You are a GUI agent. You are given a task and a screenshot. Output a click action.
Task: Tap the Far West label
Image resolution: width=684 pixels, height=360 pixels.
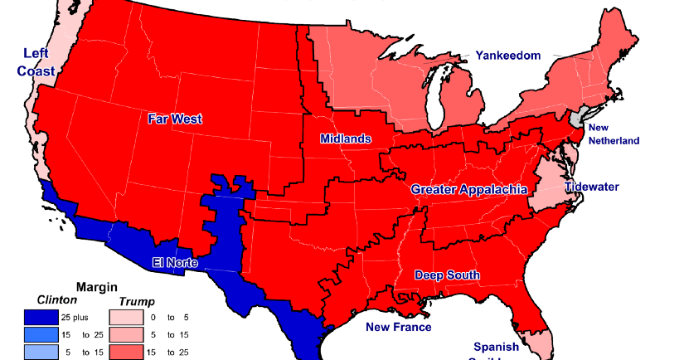[x=175, y=119]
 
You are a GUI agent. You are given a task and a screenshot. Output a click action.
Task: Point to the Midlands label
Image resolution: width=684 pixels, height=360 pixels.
[x=346, y=139]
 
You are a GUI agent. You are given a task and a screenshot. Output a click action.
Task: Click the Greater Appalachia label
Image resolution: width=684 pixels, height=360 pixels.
[x=469, y=189]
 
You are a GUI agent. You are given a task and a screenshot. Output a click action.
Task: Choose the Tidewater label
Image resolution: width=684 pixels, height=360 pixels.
[x=592, y=187]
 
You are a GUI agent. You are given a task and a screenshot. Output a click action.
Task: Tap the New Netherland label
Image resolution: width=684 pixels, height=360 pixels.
[x=614, y=134]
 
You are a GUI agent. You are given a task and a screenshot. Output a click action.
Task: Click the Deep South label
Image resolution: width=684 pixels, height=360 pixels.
[x=447, y=275]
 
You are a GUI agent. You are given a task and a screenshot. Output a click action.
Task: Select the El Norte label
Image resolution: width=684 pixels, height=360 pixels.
[x=175, y=263]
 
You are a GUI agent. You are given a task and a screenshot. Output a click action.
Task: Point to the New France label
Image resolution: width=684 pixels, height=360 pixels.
[x=399, y=327]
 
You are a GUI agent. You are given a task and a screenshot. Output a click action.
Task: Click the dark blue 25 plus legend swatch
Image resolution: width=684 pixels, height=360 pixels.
[x=41, y=317]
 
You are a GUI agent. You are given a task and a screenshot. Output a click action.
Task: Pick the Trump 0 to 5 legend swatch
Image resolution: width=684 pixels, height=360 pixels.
[x=125, y=317]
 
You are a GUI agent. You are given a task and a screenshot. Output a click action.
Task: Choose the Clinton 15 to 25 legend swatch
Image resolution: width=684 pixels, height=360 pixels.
[x=41, y=334]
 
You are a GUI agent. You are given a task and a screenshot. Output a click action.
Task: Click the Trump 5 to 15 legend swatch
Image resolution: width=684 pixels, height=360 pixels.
[x=125, y=334]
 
